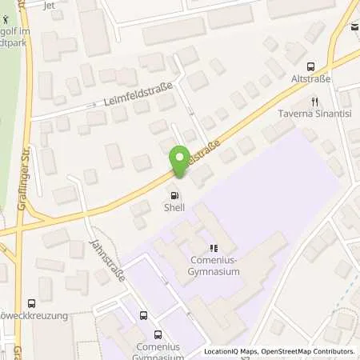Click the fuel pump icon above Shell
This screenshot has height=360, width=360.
pos(174,196)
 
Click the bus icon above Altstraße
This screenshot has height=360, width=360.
pos(311,66)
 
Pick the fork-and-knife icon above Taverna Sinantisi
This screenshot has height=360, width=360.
pos(314,102)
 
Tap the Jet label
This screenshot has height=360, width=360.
pos(49,4)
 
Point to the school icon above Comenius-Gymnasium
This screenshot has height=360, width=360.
pos(213,247)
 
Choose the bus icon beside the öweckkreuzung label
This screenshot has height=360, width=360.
pos(31,303)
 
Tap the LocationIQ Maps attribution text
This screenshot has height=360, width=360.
pos(230,351)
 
